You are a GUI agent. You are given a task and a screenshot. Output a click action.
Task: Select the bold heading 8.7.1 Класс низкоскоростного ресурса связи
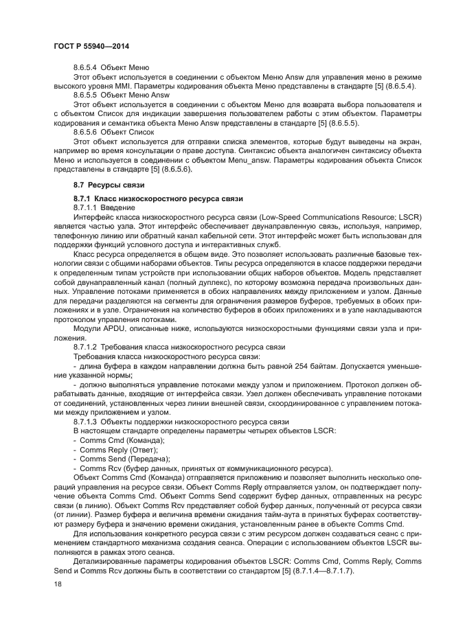click(158, 198)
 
